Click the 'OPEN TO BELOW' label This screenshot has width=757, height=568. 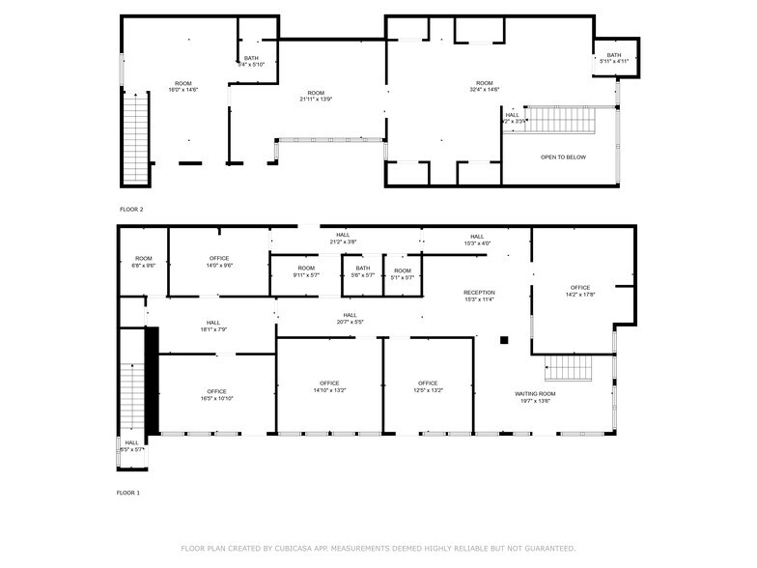(562, 156)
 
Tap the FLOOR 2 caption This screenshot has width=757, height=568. (130, 209)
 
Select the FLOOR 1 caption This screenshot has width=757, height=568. (129, 493)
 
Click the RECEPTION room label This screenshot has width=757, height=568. (479, 296)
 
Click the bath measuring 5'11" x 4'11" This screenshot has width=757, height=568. (614, 58)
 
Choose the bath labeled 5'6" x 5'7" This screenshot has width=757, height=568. (362, 271)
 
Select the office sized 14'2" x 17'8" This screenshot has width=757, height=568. (579, 291)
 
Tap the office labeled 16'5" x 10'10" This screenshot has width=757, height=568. (216, 395)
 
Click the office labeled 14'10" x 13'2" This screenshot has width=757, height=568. (329, 386)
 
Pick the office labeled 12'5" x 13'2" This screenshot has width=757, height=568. (428, 386)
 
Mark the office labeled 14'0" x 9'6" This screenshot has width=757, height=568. (219, 262)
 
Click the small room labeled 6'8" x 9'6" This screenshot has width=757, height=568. (144, 262)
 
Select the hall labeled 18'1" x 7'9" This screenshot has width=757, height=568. (213, 327)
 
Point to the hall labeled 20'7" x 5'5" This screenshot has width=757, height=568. (350, 318)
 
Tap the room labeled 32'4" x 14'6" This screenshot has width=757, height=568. (484, 86)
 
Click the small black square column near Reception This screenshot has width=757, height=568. (503, 339)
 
